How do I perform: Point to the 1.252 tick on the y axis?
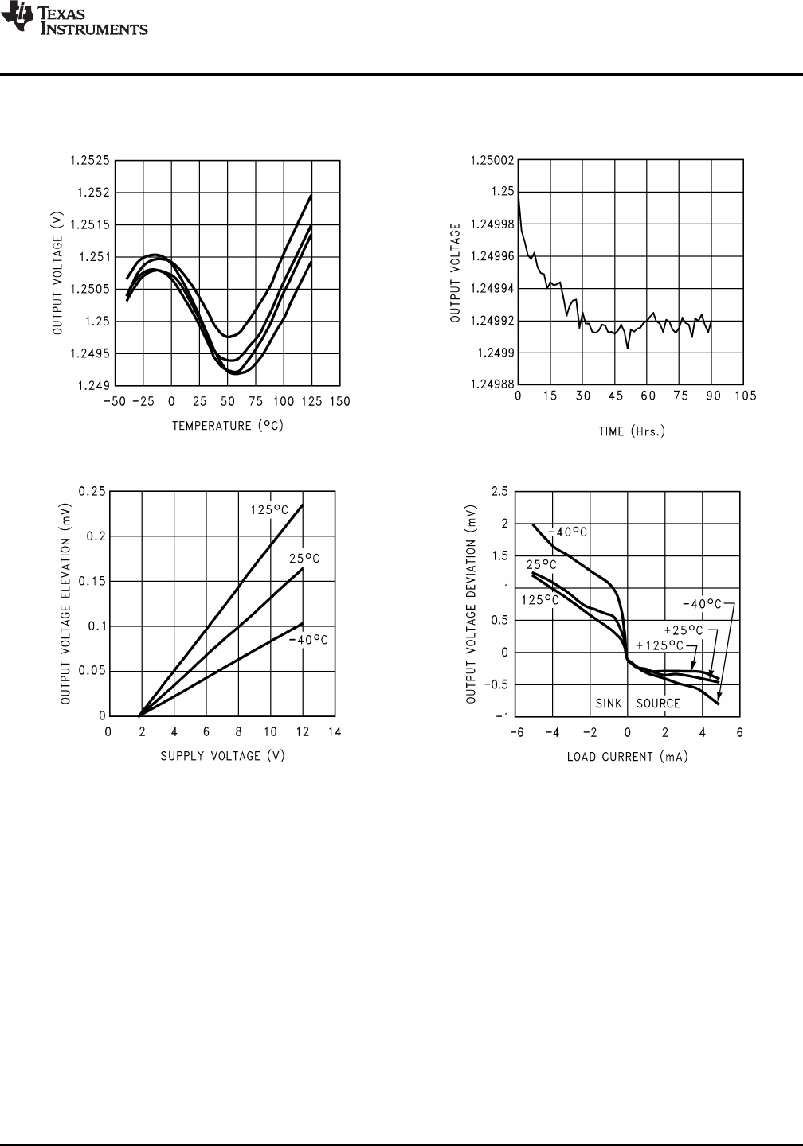tap(95, 193)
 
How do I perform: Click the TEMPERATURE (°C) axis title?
tap(228, 426)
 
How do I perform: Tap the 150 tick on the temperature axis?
tap(340, 402)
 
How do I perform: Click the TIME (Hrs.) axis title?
tap(632, 431)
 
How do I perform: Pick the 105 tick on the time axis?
tap(745, 396)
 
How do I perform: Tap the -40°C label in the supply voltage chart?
tap(308, 640)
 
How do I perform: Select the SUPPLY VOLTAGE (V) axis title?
tap(222, 755)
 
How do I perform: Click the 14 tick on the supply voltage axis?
tap(335, 732)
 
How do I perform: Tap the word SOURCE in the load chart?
tap(658, 704)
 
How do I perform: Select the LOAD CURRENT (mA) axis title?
tap(627, 756)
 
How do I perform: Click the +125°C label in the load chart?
tap(660, 644)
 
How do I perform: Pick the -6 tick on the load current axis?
tap(515, 732)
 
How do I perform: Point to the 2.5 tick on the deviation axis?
tap(499, 492)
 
